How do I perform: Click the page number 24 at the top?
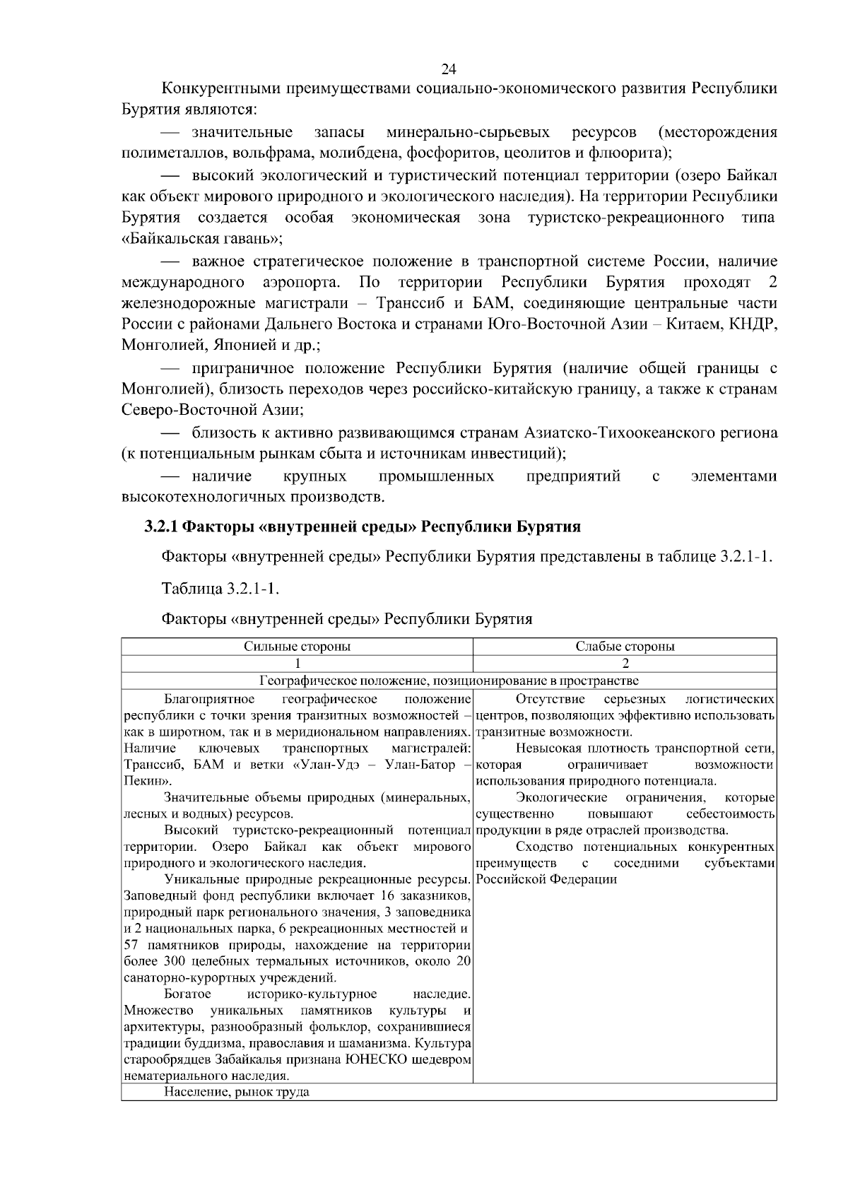coord(448,69)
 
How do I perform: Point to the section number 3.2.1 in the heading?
coord(160,527)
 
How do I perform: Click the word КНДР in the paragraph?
coord(755,324)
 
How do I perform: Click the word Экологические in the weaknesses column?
coord(561,798)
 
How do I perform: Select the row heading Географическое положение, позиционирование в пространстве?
coord(448,681)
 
